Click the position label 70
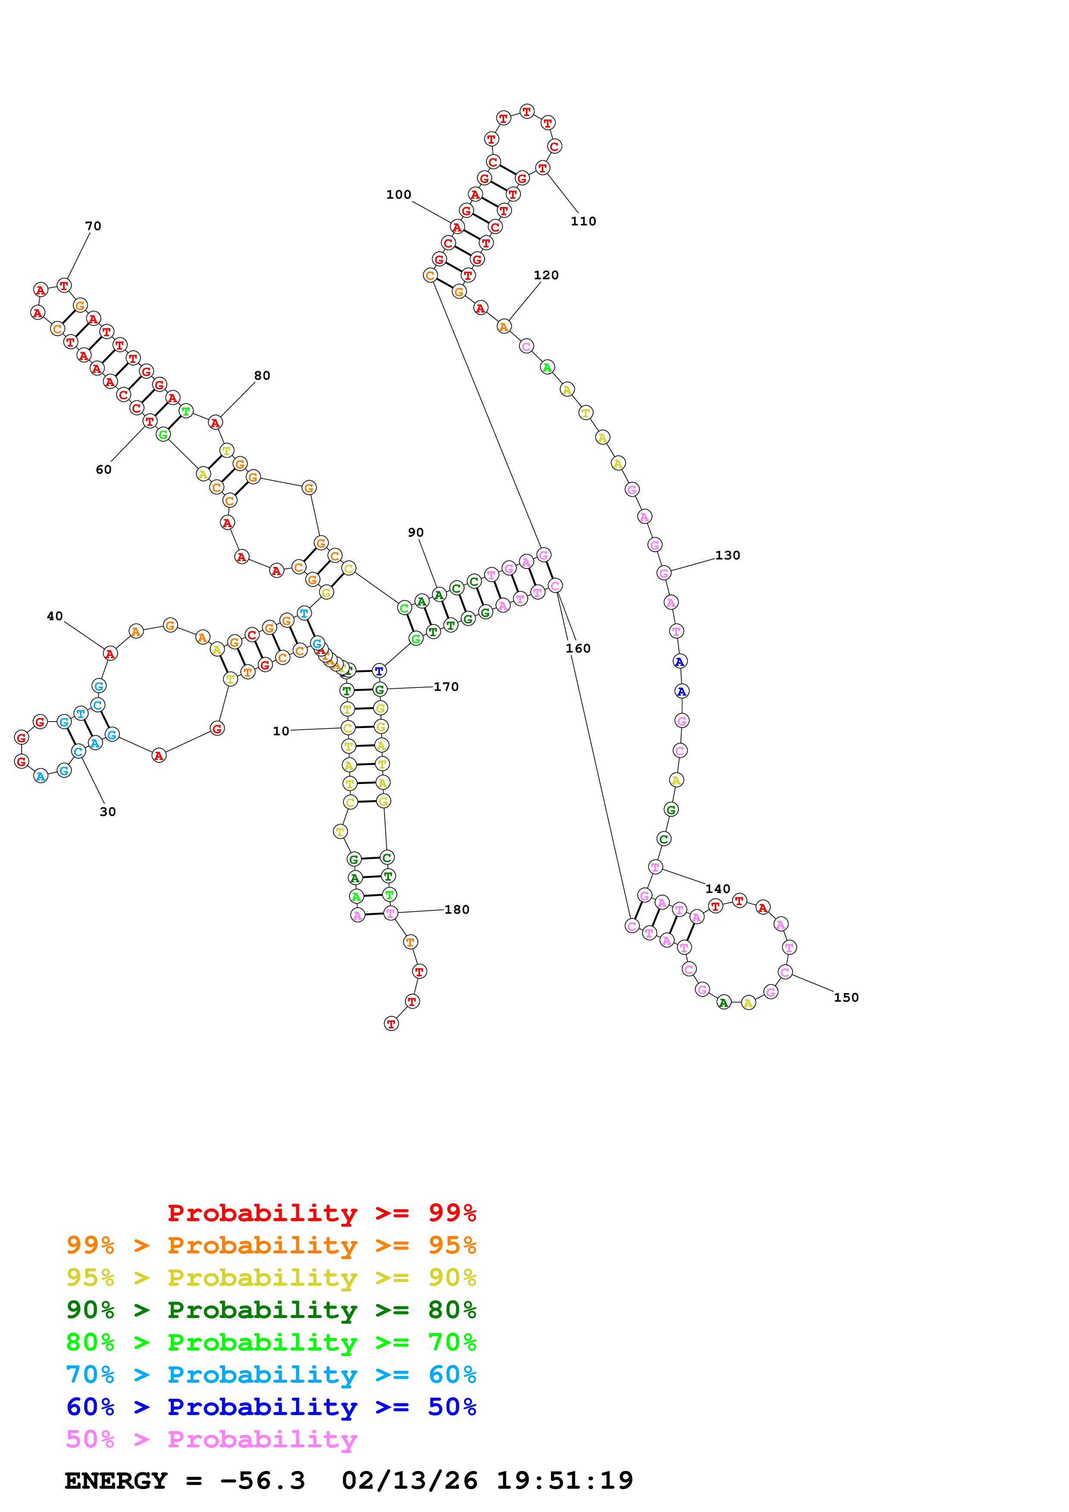(93, 226)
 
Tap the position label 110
(583, 221)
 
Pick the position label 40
(55, 616)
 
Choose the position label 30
(107, 812)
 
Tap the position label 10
(281, 731)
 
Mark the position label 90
(416, 532)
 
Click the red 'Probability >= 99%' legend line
(321, 1212)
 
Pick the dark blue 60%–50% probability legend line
(271, 1407)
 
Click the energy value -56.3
(263, 1481)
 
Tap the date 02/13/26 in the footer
(409, 1481)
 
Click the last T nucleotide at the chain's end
(391, 1024)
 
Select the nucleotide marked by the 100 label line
(457, 227)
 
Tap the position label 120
(545, 275)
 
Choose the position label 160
(578, 649)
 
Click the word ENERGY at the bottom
(116, 1481)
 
